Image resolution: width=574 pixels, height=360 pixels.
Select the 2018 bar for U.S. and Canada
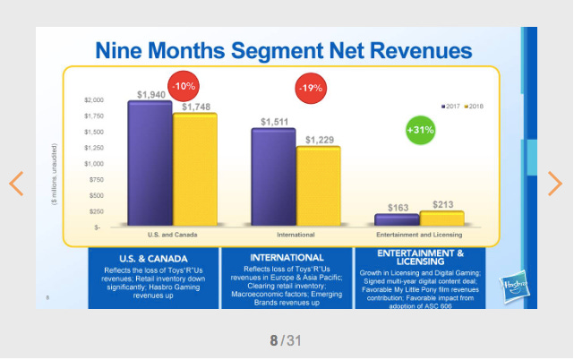194,169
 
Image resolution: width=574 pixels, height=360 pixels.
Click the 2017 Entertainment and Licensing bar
397,219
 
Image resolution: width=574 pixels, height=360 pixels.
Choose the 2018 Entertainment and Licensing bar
441,218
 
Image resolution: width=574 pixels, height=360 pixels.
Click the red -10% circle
184,86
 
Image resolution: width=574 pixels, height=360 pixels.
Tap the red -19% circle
311,89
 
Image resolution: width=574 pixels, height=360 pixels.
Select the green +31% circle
421,130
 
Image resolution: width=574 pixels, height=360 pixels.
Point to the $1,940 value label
151,94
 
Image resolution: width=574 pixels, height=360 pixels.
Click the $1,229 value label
319,140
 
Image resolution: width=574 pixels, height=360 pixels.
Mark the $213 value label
442,205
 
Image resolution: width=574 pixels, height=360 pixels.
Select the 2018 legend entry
476,105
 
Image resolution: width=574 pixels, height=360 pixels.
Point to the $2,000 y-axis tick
94,100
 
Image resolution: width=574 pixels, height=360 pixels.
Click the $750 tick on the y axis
96,180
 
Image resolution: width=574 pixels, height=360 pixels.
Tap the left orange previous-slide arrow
16,184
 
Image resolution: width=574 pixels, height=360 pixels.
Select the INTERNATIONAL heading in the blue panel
287,258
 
